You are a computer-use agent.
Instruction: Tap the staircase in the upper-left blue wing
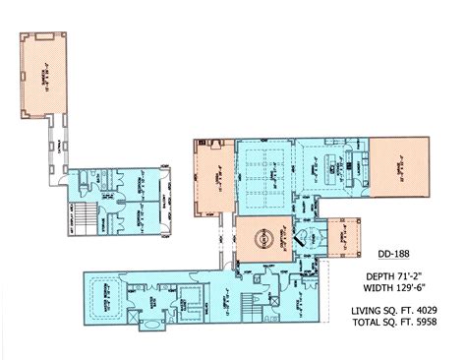click(x=89, y=217)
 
